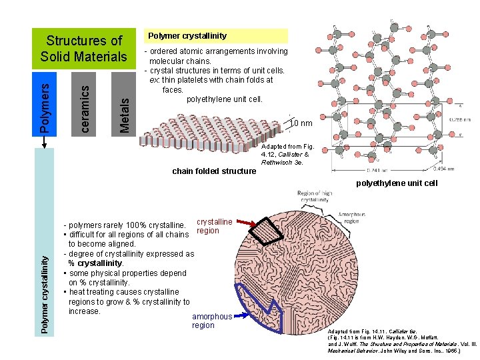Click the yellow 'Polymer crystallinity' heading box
[216, 36]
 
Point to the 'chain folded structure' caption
[213, 171]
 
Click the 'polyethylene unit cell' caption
[397, 183]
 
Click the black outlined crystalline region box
[274, 231]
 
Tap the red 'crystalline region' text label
[215, 226]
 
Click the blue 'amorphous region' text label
[212, 321]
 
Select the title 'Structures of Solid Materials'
[84, 49]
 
